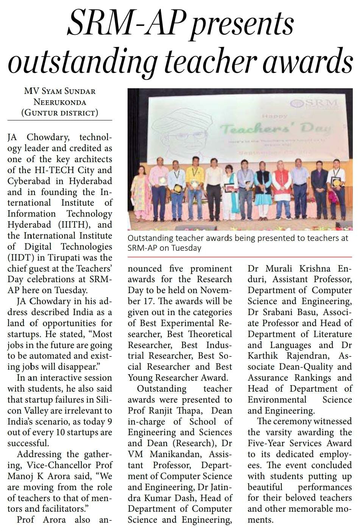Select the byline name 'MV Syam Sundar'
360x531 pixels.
(60, 91)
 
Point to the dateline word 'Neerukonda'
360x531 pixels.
(60, 102)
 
